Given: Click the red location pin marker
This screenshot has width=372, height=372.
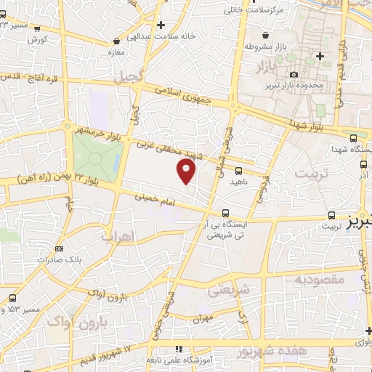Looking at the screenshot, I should [187, 171].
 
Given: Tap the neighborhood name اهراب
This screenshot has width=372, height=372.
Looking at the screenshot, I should [118, 238].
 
